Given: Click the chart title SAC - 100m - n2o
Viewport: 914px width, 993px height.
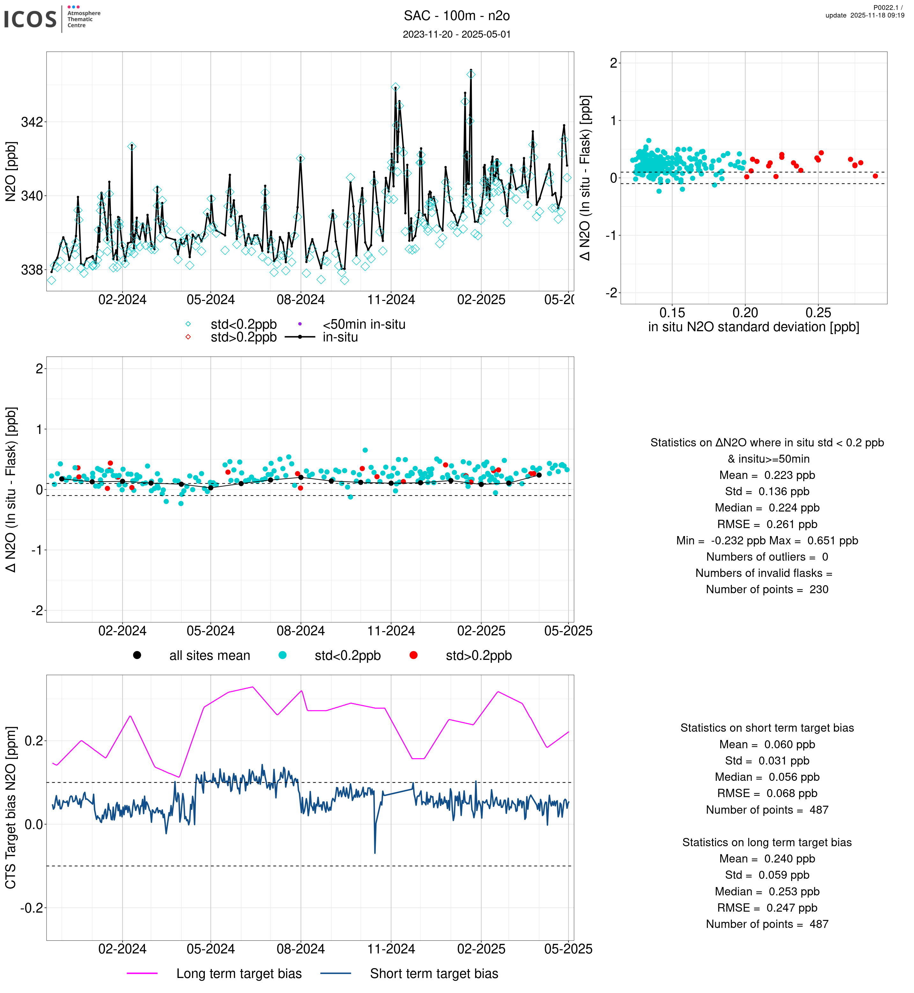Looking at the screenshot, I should click(x=457, y=16).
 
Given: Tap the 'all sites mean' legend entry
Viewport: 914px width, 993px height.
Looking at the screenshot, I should click(x=209, y=656).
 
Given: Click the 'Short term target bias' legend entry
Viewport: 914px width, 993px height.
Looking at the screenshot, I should click(x=434, y=974).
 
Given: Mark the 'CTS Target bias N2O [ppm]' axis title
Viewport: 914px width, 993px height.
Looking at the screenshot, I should click(x=11, y=808).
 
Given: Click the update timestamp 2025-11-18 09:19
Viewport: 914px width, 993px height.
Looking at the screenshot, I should click(x=865, y=15).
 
